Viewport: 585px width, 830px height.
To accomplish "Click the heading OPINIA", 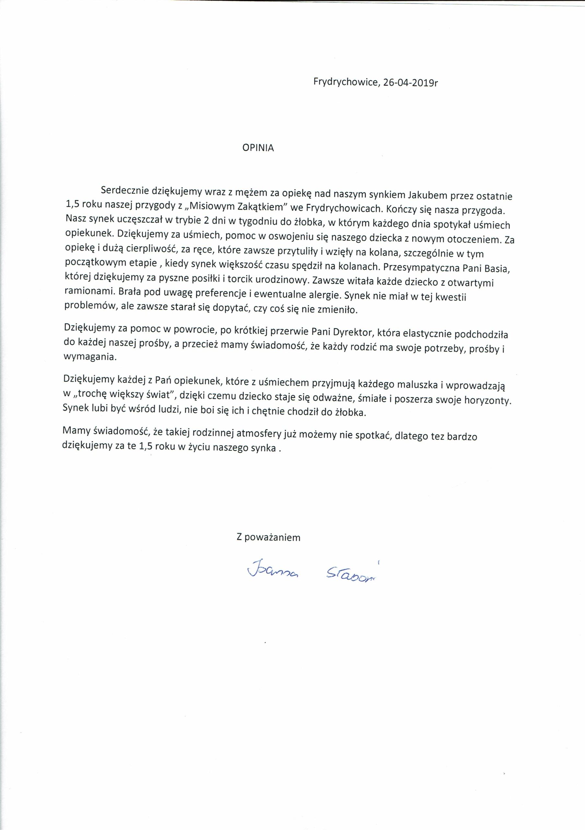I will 258,148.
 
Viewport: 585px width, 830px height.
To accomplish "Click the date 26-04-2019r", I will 411,83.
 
